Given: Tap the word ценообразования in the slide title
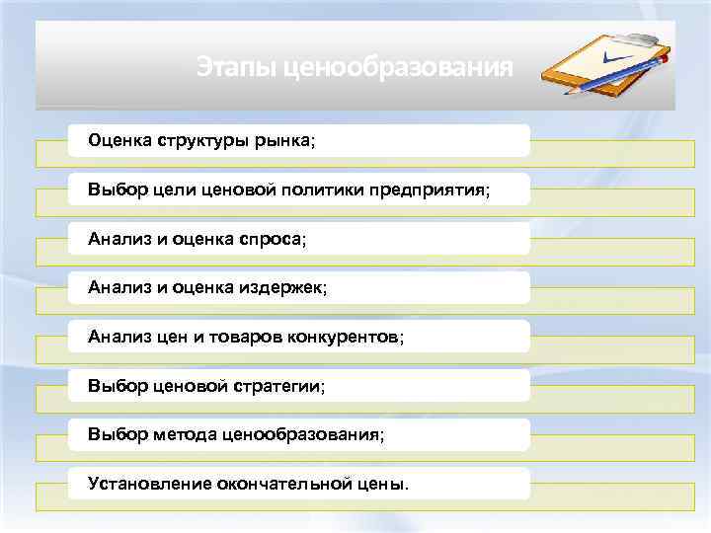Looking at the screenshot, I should [x=398, y=68].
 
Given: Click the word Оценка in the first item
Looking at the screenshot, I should [x=119, y=140].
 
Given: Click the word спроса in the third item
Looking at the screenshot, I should [x=272, y=238].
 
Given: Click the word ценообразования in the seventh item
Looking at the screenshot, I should [x=302, y=434].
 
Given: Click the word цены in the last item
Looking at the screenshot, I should [x=383, y=484].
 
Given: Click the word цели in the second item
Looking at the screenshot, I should [x=173, y=189].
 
